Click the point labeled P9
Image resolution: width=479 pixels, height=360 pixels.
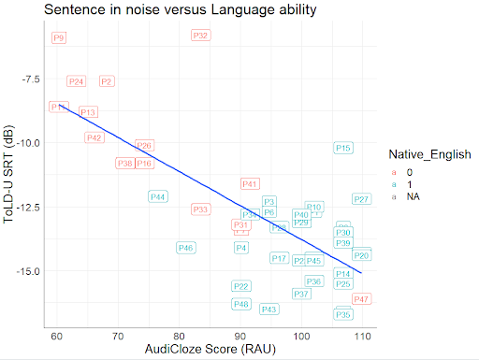(x=59, y=38)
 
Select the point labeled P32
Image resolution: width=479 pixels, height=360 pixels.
(x=200, y=36)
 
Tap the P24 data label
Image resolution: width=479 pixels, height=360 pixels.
(x=77, y=81)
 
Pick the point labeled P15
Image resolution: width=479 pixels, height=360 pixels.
(x=342, y=149)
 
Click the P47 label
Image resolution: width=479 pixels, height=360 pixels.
(x=361, y=299)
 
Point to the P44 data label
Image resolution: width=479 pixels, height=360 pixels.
(x=157, y=196)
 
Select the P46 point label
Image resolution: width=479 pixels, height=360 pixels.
(x=185, y=248)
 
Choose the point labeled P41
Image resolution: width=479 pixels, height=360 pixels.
(x=250, y=184)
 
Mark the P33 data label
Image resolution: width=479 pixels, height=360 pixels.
(x=200, y=209)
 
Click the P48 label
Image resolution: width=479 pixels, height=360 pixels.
(x=241, y=304)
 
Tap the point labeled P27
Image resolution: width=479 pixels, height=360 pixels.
(x=361, y=199)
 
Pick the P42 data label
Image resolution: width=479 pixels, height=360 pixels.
(x=94, y=137)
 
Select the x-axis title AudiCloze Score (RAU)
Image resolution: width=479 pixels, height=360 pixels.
(x=209, y=350)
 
